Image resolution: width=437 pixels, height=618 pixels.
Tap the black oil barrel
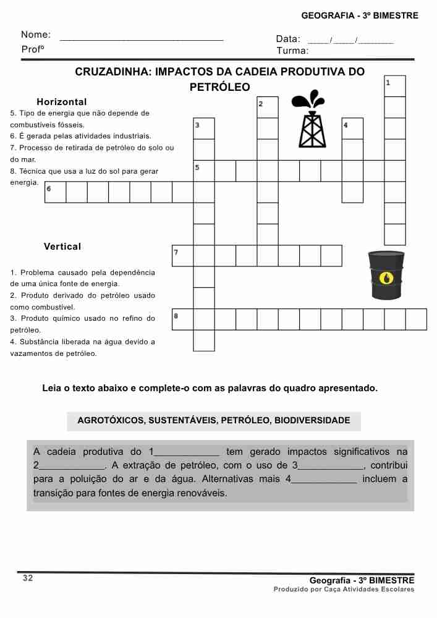point(386,275)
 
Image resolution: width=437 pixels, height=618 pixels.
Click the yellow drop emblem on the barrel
point(386,278)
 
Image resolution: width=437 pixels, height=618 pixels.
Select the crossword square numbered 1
point(395,86)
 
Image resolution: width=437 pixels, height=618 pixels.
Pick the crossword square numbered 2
point(268,108)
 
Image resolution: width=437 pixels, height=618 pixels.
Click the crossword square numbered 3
point(204,129)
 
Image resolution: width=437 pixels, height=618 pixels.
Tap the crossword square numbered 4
point(352,129)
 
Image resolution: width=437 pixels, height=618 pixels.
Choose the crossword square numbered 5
point(204,171)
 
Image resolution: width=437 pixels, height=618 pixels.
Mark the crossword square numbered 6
point(56,192)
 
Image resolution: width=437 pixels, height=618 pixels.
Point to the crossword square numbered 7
point(183,256)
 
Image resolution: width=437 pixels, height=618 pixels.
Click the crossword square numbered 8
point(183,320)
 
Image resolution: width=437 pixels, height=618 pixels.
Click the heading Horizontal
point(62,102)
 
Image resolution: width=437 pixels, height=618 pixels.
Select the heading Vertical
point(62,247)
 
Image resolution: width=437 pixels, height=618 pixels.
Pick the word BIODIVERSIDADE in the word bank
point(312,421)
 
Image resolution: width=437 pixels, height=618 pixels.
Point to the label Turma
point(292,51)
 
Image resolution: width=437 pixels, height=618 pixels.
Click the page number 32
point(28,578)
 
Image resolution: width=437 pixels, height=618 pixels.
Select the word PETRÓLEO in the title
point(219,87)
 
